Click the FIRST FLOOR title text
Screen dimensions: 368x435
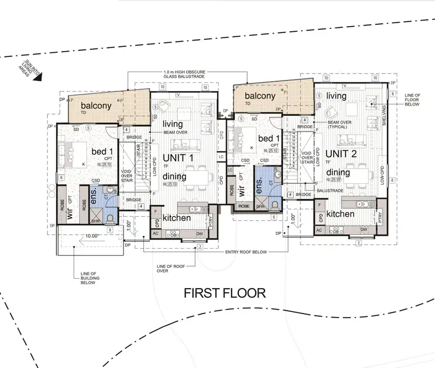coord(224,293)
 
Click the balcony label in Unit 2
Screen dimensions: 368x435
coord(259,96)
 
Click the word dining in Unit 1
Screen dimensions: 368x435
coord(174,177)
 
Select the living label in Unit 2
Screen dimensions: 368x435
coord(336,96)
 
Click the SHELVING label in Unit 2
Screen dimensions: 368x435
coord(384,115)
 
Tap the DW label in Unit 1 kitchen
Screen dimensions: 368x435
coord(199,233)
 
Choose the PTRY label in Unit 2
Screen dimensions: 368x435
coord(380,218)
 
